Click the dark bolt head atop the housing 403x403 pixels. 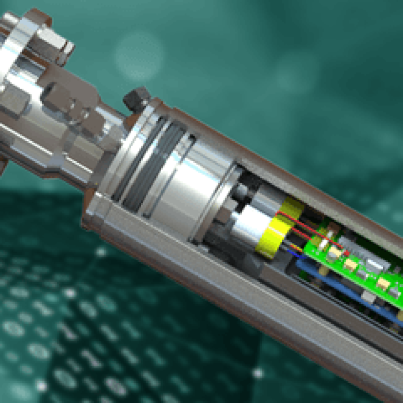[x=136, y=98]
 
